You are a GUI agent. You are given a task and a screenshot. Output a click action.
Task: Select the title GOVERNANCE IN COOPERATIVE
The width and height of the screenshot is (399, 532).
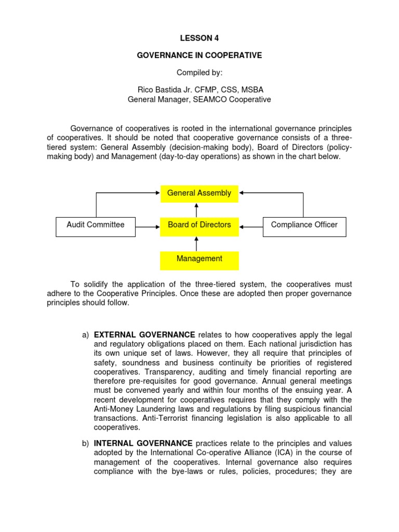pos(199,56)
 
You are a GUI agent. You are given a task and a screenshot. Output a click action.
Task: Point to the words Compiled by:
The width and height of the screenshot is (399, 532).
pos(199,73)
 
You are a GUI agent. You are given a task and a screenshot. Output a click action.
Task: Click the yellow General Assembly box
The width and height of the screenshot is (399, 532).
pos(199,193)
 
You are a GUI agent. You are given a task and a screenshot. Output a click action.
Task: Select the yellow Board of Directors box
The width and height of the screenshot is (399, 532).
pos(199,225)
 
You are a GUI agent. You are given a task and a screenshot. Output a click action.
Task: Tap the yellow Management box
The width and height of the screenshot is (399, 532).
pos(199,259)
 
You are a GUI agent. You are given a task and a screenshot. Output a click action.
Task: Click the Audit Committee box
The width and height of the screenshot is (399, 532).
pos(96,225)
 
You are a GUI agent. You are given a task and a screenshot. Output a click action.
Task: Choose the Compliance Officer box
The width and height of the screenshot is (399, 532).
pos(304,225)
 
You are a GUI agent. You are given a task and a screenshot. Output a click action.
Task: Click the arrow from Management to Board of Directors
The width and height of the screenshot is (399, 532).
pos(196,244)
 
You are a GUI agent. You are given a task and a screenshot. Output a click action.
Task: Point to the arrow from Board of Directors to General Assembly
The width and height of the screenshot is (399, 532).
pos(196,210)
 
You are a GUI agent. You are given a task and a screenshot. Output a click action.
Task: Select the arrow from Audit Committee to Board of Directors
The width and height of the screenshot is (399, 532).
pos(148,227)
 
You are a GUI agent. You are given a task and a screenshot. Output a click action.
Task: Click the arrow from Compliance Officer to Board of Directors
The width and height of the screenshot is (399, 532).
pos(251,227)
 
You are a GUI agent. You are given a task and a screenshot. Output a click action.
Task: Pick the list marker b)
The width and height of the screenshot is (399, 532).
pos(86,443)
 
